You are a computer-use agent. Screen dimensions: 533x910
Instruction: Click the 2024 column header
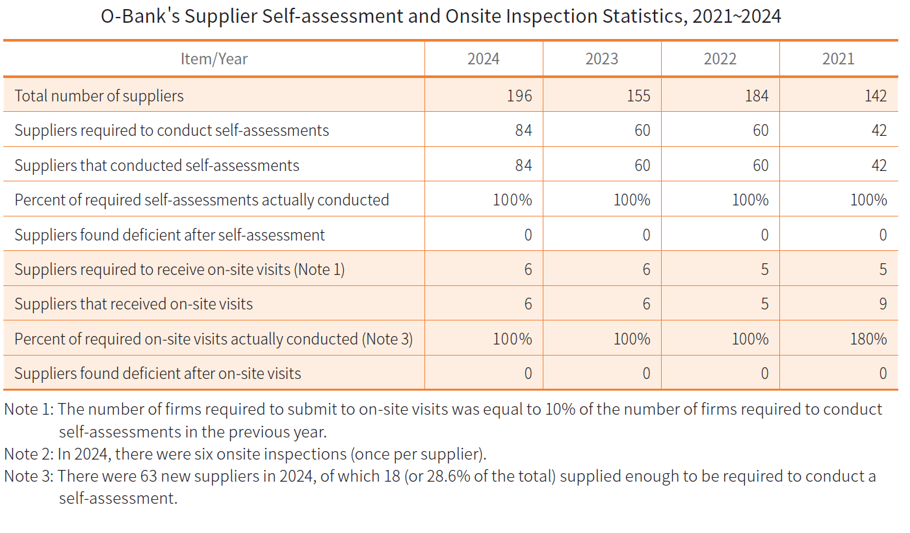pos(484,59)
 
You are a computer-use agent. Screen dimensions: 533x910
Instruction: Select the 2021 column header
pos(838,59)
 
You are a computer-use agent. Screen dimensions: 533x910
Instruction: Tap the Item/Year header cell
pos(214,59)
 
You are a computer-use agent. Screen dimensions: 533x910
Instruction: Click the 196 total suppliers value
pos(519,96)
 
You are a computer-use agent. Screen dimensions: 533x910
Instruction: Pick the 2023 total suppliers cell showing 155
pos(638,96)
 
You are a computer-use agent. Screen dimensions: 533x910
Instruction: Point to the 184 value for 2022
pos(756,96)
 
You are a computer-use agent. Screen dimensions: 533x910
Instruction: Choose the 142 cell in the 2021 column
pos(876,96)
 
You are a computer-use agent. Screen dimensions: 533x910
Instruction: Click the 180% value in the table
pos(868,339)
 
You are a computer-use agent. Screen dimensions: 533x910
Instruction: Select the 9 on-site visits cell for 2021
pos(883,304)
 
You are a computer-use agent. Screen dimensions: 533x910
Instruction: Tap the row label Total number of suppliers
pos(99,96)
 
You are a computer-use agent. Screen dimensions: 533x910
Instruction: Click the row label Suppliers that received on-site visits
pos(133,304)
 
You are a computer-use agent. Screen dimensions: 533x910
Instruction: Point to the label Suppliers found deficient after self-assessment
pos(169,235)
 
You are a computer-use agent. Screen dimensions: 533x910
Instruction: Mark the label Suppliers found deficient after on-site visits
pos(157,373)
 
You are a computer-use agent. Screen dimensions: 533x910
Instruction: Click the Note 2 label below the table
pos(29,453)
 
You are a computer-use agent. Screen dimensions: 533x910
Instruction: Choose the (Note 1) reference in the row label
pos(319,269)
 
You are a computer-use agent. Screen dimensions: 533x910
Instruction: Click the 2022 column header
pos(720,59)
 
